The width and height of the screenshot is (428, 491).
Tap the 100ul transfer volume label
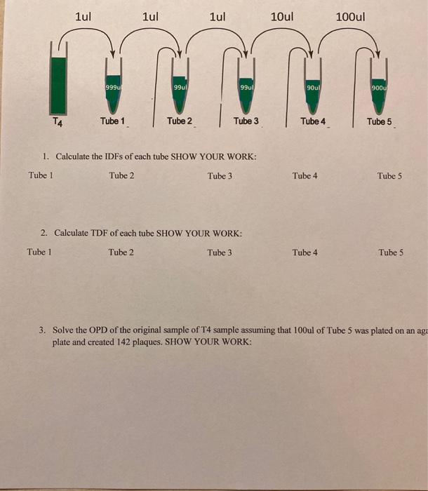click(350, 16)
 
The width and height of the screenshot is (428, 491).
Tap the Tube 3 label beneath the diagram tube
click(246, 121)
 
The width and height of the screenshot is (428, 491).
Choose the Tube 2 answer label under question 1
click(121, 175)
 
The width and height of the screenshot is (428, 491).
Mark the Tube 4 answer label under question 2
click(305, 252)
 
